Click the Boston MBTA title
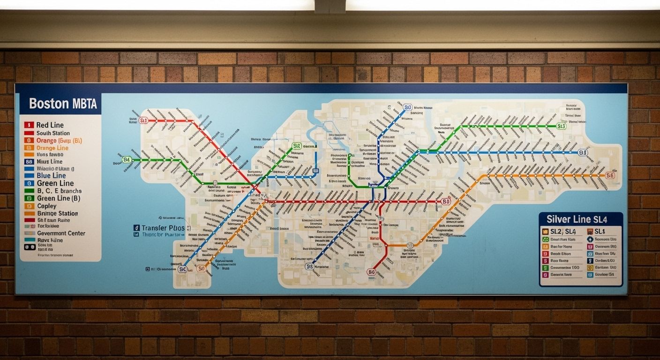63,104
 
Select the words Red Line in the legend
50,125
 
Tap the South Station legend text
53,133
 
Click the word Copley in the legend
46,206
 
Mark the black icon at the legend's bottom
30,246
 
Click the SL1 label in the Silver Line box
600,232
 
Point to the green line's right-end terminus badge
561,126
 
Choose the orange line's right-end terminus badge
609,175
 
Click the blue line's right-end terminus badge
582,152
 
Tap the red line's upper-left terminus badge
143,120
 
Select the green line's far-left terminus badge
127,159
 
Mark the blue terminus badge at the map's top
407,107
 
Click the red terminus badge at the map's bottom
371,272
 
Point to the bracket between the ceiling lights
330,6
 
